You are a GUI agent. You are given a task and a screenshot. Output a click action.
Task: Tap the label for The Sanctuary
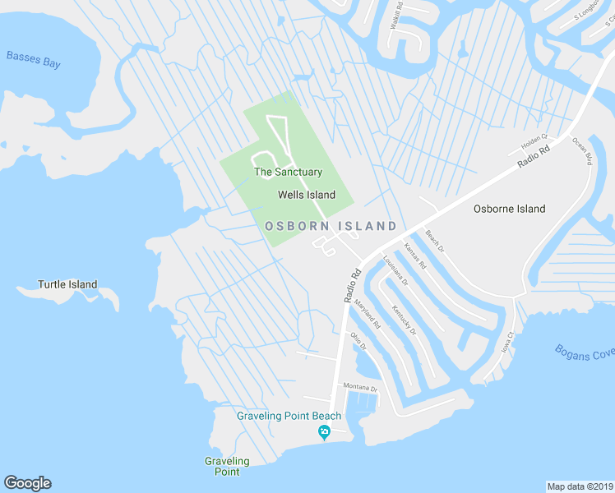click(288, 172)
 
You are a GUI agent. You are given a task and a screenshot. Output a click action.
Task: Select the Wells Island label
click(307, 195)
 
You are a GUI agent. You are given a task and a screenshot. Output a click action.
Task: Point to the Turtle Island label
click(67, 285)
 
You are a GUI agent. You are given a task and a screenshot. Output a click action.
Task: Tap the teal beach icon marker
click(325, 432)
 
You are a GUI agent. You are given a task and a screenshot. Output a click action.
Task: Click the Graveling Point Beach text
click(289, 416)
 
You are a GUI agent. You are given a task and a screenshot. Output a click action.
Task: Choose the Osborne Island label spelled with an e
click(509, 209)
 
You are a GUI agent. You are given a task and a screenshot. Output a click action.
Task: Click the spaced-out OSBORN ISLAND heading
click(331, 226)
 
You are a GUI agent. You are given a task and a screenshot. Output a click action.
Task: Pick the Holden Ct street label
click(534, 143)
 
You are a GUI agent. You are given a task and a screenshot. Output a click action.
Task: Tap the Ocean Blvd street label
click(582, 151)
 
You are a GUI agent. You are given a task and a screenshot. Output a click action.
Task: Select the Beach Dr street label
click(435, 241)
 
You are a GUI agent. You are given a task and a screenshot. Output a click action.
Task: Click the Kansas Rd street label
click(415, 257)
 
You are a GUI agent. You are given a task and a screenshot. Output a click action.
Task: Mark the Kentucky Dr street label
click(404, 320)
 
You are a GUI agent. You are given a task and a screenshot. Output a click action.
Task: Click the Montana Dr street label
click(360, 387)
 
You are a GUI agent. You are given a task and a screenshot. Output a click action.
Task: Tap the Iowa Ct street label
click(507, 342)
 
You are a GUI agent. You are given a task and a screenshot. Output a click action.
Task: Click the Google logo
click(27, 483)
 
